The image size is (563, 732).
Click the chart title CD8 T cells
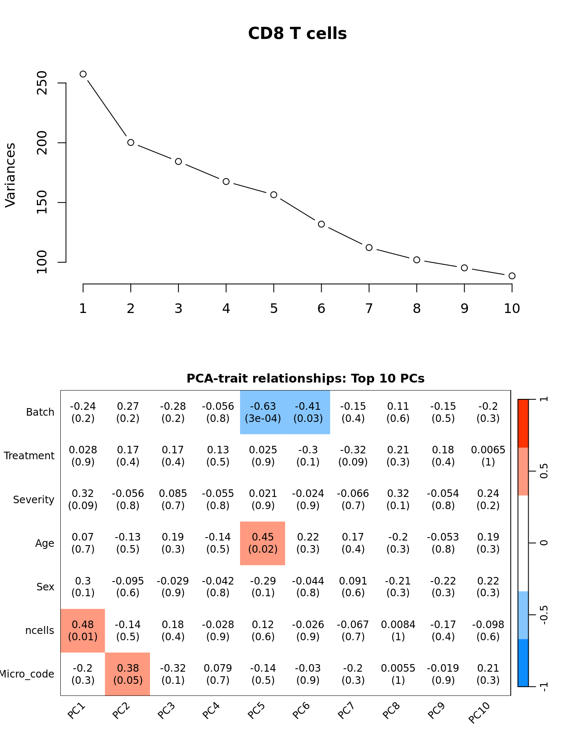tap(297, 34)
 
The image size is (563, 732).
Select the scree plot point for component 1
tap(83, 74)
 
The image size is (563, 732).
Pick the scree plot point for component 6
tap(321, 224)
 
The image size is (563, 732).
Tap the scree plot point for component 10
tap(512, 276)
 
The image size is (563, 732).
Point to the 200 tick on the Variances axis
tap(42, 142)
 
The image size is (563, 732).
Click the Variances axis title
tap(10, 175)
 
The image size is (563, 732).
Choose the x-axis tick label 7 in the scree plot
tap(369, 309)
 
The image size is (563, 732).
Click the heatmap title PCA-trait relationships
tap(305, 378)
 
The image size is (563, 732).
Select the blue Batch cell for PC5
tap(263, 412)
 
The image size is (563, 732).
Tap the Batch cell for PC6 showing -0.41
tap(308, 412)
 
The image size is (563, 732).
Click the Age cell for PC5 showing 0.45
tap(263, 543)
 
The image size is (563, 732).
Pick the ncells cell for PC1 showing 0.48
tap(83, 631)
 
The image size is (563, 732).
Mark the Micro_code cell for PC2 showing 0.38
tap(128, 674)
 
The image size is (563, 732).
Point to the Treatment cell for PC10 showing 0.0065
tap(488, 456)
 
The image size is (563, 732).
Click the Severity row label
tap(34, 500)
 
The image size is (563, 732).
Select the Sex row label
tap(45, 587)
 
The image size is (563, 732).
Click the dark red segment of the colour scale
tap(523, 423)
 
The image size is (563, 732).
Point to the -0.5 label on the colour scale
tap(543, 615)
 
